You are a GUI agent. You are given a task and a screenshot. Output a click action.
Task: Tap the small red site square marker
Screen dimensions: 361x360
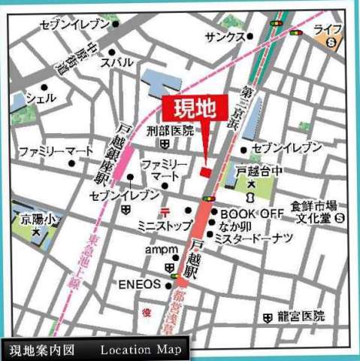205,172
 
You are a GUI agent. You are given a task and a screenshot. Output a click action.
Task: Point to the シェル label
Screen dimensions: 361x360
41,99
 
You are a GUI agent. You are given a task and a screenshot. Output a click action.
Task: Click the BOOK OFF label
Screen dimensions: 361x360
253,214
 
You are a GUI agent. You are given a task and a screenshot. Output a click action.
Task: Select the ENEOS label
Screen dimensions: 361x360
139,284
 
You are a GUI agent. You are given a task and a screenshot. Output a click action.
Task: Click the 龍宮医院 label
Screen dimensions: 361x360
299,317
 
